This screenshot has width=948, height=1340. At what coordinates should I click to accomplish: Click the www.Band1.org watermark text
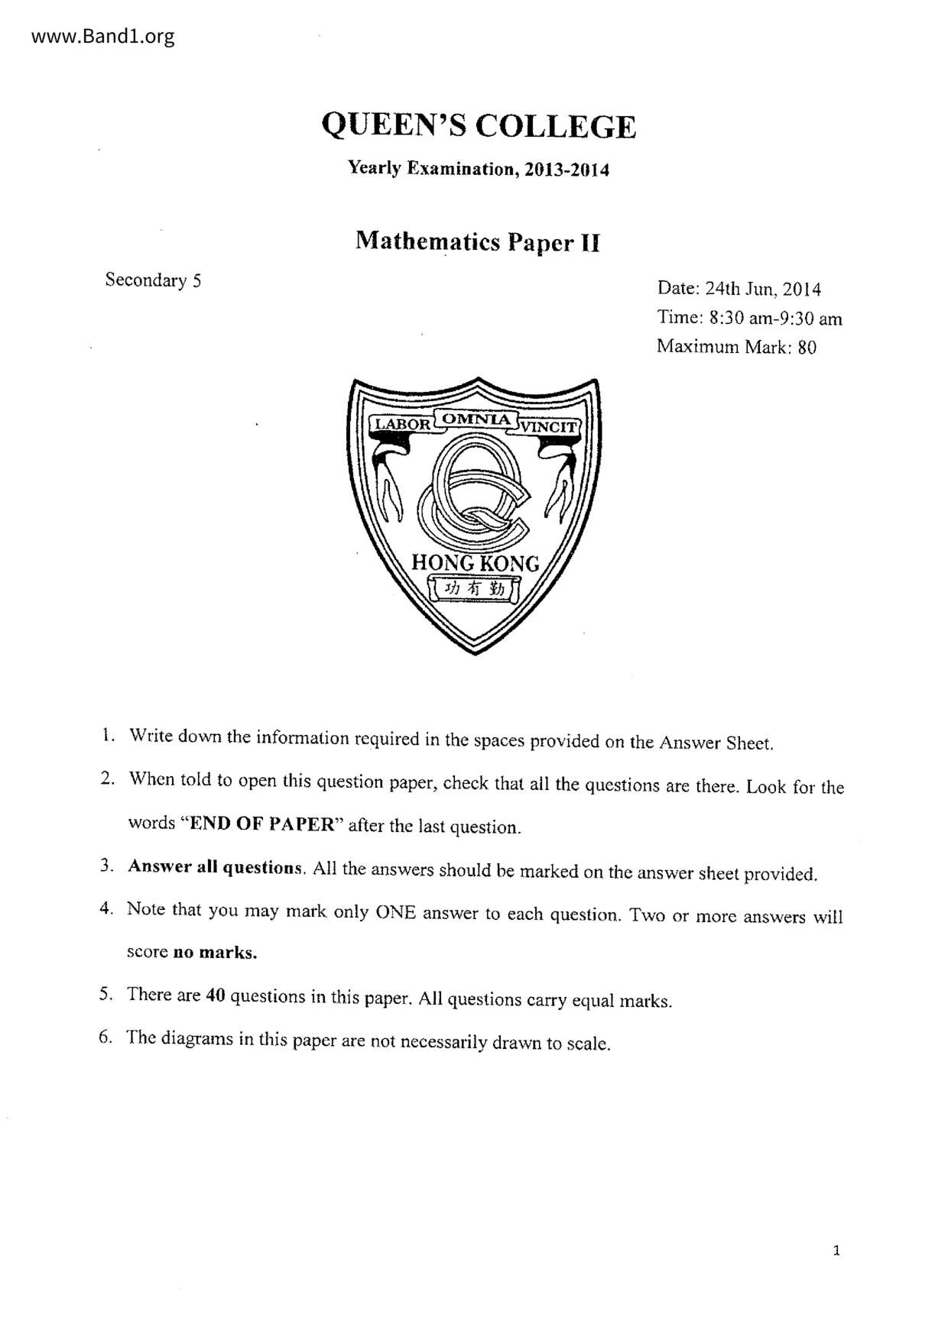103,37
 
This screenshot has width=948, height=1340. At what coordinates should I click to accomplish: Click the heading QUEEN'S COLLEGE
479,126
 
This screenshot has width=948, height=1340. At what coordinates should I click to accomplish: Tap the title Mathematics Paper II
478,242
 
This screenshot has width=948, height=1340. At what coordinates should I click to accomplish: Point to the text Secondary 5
153,280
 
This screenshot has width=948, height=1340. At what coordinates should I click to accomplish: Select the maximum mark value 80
807,348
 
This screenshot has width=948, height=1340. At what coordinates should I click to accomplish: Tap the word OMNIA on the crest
476,419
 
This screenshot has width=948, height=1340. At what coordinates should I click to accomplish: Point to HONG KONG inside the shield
475,564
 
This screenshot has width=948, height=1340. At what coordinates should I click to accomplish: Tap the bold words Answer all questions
216,868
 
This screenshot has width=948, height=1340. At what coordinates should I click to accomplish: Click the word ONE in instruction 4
395,912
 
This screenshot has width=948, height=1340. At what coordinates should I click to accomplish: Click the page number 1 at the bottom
836,1251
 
